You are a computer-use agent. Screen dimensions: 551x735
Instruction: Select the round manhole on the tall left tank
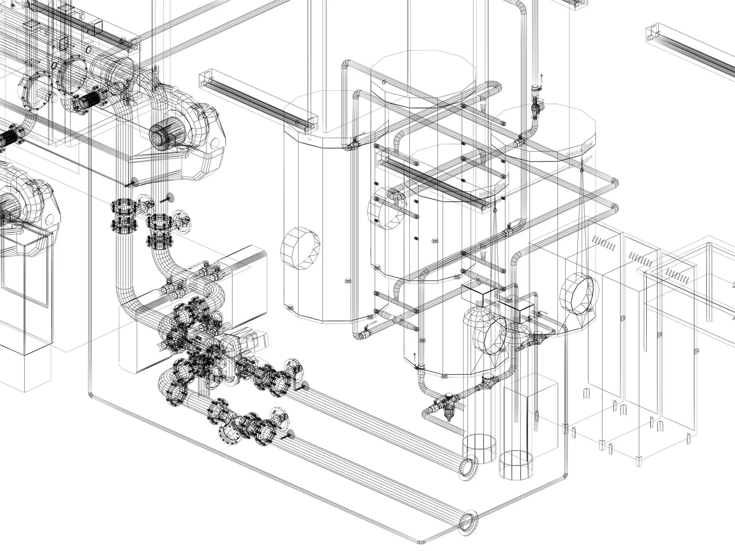pyautogui.click(x=300, y=248)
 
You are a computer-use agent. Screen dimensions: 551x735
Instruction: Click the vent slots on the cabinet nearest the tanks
pyautogui.click(x=603, y=243)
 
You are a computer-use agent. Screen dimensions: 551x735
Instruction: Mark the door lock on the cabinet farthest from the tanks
pyautogui.click(x=696, y=351)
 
